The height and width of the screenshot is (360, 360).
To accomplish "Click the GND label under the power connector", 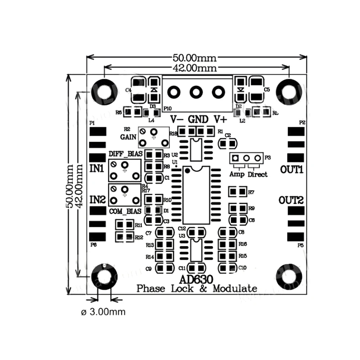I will [x=198, y=119].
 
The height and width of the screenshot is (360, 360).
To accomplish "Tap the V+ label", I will [x=220, y=119].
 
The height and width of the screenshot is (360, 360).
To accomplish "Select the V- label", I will [x=177, y=119].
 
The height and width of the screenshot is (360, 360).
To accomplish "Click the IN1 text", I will [x=97, y=168].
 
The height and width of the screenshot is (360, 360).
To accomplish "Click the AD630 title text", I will [x=196, y=280].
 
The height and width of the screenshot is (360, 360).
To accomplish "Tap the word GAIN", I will [x=129, y=137].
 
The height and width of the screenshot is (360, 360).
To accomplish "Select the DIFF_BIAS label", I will [x=125, y=154].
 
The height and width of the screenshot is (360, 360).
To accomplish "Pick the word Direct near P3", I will [x=257, y=175].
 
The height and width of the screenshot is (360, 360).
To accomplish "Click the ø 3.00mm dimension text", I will [x=103, y=312].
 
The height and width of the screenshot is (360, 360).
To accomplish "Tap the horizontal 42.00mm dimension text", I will [x=195, y=68].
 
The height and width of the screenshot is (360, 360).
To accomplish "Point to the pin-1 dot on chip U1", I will [x=188, y=171].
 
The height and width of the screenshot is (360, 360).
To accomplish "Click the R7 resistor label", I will [x=251, y=193].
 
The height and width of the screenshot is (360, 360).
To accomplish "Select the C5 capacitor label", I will [x=266, y=90].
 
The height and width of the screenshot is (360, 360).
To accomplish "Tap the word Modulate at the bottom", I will [x=235, y=288].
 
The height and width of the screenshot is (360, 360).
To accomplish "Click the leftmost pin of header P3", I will [x=235, y=158].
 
